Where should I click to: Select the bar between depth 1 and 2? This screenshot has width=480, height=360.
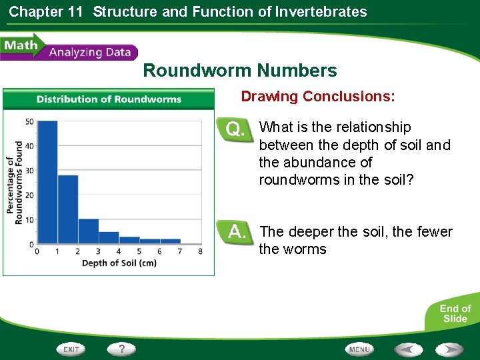click(68, 209)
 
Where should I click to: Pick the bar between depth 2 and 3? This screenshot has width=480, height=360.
click(89, 231)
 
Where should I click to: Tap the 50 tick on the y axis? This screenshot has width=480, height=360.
click(29, 121)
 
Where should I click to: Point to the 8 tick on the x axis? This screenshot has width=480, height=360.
click(201, 251)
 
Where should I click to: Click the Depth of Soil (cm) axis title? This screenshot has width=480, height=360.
click(119, 263)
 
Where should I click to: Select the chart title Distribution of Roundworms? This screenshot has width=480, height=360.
click(109, 99)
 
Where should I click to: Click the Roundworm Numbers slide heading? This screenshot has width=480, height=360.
click(240, 71)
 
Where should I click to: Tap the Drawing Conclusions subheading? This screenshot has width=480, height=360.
click(317, 97)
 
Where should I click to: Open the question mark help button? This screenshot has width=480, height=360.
click(122, 349)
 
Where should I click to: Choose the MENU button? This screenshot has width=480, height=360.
click(359, 349)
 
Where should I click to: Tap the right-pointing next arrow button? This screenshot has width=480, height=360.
click(450, 349)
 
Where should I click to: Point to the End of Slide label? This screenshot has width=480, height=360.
click(455, 313)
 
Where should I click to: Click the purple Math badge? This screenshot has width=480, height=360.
click(20, 47)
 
